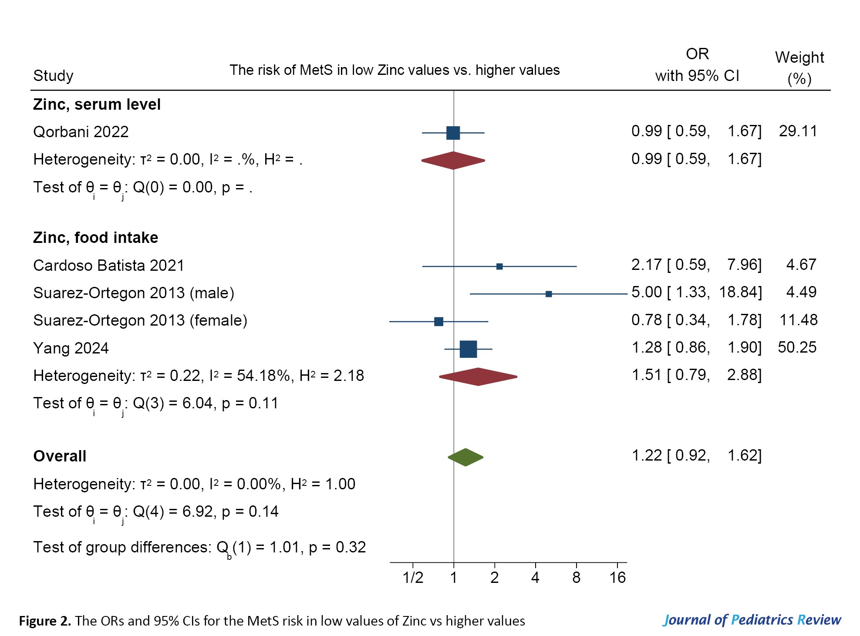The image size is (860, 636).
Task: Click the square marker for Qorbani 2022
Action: tap(453, 133)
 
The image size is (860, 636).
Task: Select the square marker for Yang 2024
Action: tap(468, 349)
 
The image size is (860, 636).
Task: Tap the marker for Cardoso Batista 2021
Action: tap(499, 266)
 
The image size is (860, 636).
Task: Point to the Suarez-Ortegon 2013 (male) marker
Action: tap(549, 294)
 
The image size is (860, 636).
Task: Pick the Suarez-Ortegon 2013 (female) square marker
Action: tap(438, 322)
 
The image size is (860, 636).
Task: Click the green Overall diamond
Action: tap(465, 457)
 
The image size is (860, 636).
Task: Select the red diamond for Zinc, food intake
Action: tap(478, 377)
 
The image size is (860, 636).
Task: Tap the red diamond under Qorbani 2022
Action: tap(453, 161)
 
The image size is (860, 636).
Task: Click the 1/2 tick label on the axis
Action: tap(413, 578)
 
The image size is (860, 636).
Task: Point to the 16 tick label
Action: tap(617, 578)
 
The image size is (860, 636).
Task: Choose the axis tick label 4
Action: tap(535, 578)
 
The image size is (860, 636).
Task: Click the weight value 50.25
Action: tap(797, 347)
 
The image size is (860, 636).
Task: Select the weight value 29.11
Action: tap(798, 131)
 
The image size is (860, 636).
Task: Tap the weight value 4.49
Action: tap(801, 292)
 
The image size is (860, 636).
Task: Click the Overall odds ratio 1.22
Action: tap(646, 455)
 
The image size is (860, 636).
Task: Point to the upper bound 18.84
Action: tap(740, 292)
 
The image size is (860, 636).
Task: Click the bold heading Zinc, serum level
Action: tap(97, 104)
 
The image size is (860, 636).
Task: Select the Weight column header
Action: tap(799, 67)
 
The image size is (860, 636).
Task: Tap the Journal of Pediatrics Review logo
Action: tap(752, 620)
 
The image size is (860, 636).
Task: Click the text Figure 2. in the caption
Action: tap(45, 621)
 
